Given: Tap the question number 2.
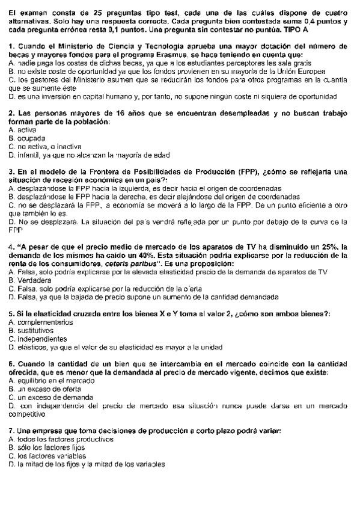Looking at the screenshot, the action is coord(11,113).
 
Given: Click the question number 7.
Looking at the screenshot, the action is coord(11,431).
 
